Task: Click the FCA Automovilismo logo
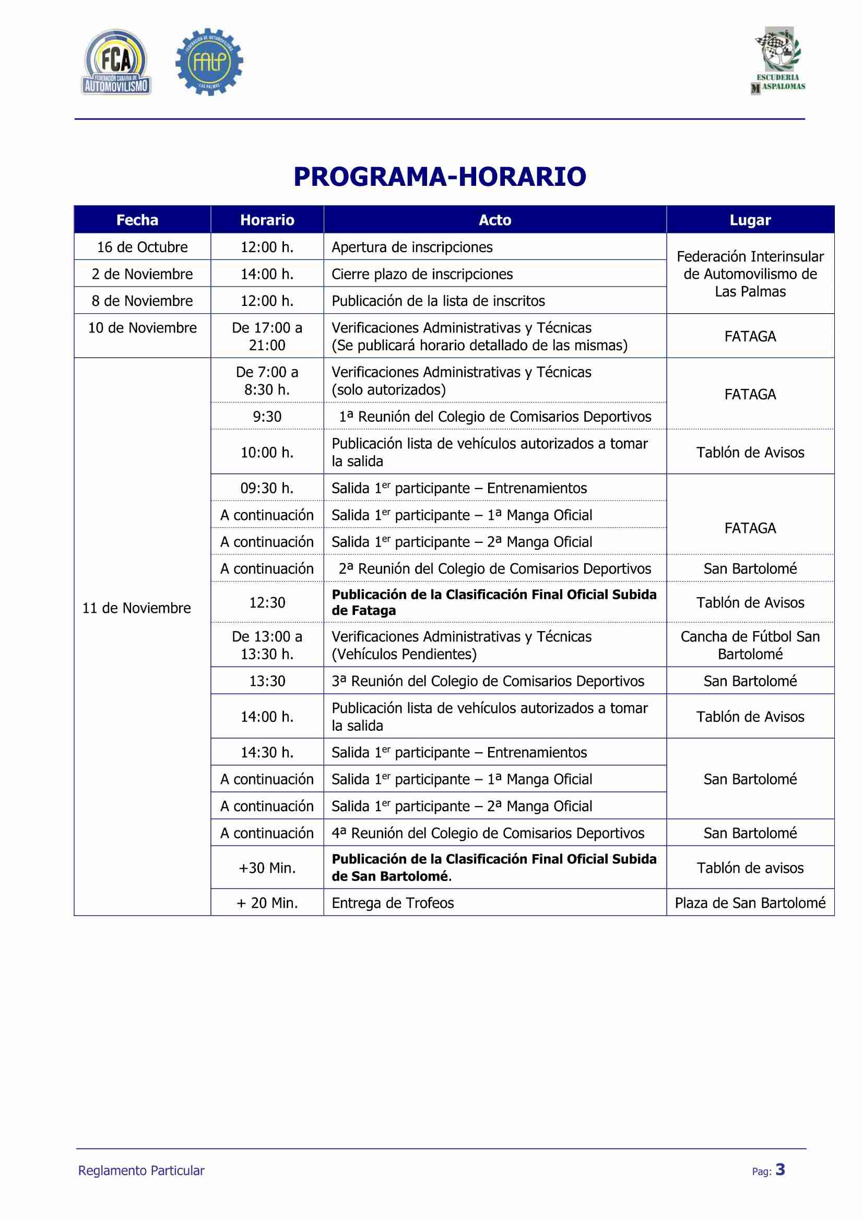tap(116, 63)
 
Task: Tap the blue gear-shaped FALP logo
tap(209, 63)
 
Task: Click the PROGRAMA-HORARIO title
tap(439, 177)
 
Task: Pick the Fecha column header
tap(137, 220)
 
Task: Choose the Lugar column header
tap(750, 220)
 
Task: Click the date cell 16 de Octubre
tap(142, 247)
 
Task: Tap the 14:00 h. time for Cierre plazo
tap(267, 275)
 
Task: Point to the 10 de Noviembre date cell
tap(142, 328)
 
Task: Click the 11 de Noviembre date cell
tap(137, 608)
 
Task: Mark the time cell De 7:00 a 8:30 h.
tap(267, 381)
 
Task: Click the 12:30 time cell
tap(267, 602)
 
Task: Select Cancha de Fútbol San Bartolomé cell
tap(750, 645)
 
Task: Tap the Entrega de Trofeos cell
tap(393, 903)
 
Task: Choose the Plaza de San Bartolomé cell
tap(750, 903)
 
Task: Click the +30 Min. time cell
tap(267, 869)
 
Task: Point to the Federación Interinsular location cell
tap(750, 274)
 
